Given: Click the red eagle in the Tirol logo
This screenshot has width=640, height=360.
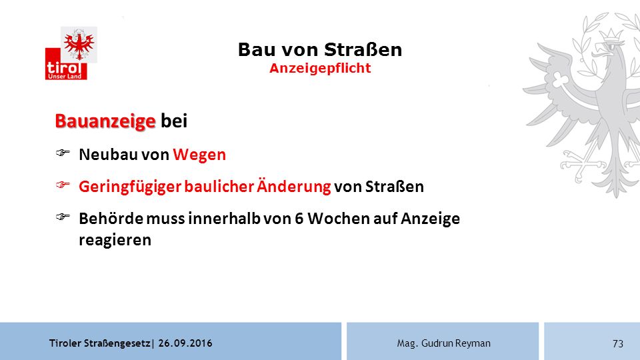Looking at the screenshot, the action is [x=79, y=45].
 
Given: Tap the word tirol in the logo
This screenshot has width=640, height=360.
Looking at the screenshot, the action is [x=64, y=67].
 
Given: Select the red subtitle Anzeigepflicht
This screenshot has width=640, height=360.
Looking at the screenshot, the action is [x=320, y=68].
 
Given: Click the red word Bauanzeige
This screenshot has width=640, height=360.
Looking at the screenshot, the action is [x=105, y=121].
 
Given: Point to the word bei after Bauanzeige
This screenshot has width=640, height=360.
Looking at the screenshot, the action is [x=174, y=121].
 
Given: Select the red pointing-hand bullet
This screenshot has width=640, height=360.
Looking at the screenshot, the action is [x=63, y=185].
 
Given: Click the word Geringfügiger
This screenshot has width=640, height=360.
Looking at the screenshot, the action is [x=130, y=187].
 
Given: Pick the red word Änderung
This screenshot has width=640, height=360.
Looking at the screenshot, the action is [x=293, y=186].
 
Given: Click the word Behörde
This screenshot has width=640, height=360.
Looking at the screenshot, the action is [x=110, y=219].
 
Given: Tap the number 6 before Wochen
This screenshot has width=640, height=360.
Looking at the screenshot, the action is [x=299, y=219].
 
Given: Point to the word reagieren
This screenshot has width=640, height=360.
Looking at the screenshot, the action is [x=115, y=240].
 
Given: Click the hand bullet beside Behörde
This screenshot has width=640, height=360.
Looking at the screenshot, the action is [x=63, y=216].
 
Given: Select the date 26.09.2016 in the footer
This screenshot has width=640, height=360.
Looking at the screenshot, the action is [x=185, y=343].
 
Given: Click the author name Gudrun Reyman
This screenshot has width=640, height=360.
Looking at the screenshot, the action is [x=455, y=343].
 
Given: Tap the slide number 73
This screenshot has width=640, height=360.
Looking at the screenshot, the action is [x=618, y=344].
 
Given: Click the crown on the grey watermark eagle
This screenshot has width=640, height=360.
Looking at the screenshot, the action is [x=611, y=34].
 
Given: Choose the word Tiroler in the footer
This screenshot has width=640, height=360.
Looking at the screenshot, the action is [x=65, y=343].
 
